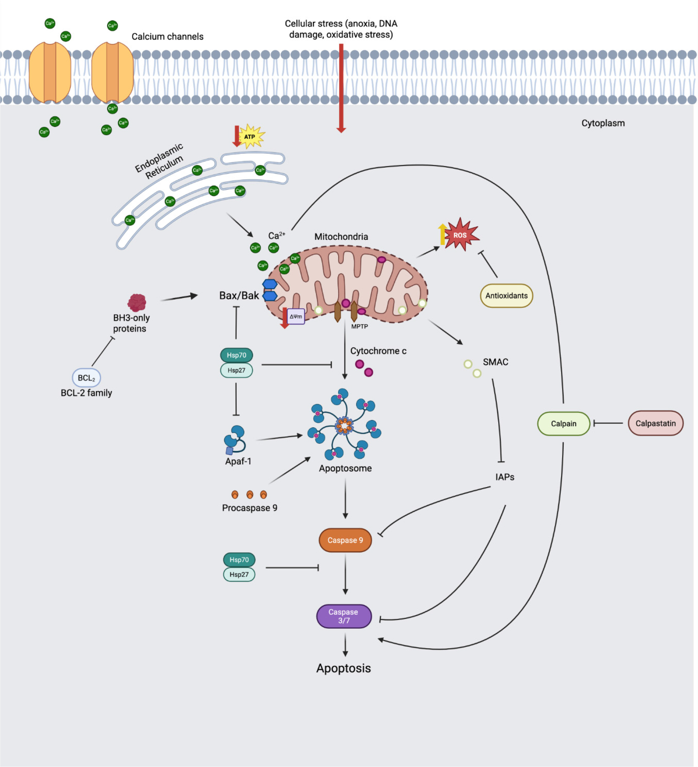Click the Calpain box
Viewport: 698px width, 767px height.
563,424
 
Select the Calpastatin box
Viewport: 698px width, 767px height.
655,423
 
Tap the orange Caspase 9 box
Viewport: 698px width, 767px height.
345,540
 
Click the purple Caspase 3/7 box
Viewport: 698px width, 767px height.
344,616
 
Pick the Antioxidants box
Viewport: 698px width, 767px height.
506,296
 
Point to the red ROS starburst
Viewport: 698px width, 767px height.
460,235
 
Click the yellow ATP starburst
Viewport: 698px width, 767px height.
250,136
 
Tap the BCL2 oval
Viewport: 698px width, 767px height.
86,378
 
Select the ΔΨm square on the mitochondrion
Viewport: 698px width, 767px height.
296,316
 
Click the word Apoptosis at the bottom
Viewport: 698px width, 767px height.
343,668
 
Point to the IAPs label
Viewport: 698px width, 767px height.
505,477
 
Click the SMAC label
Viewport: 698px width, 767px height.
495,362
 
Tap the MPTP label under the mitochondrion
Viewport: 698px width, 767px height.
360,327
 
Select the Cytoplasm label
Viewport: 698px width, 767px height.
603,123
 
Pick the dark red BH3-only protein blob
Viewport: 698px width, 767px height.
137,303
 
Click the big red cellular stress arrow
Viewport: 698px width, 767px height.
341,88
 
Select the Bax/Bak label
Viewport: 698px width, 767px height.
239,296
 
